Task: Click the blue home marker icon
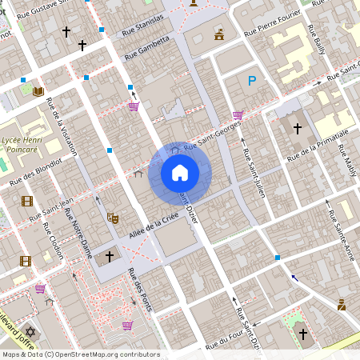point(180,172)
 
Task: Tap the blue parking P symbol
point(252,80)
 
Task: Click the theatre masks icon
point(112,217)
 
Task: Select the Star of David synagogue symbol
point(31,330)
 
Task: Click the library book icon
point(38,90)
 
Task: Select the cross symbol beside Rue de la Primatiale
point(298,128)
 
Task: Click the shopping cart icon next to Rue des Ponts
point(127,325)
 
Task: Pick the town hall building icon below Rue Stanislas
point(219,34)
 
